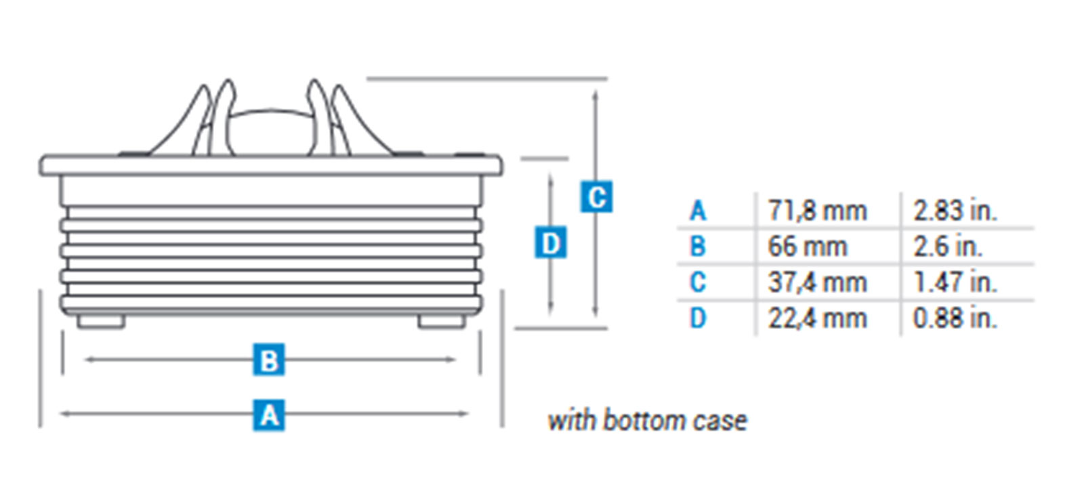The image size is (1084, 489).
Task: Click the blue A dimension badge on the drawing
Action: point(268,415)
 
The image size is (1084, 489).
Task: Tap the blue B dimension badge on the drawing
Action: point(268,360)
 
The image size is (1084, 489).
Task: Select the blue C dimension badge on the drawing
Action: point(596,196)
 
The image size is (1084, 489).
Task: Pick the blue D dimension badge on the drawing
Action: point(551,242)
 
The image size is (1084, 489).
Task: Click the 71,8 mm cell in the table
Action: point(817,211)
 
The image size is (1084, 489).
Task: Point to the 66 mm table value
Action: point(807,247)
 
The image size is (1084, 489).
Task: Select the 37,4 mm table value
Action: point(817,282)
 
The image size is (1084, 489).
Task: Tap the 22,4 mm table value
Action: point(817,318)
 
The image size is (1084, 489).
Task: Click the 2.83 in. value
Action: point(955,211)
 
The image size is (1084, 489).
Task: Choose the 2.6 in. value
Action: point(947,247)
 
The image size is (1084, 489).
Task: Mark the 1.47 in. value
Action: point(955,282)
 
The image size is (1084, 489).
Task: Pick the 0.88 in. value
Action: point(955,318)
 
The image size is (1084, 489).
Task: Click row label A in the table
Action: point(698,211)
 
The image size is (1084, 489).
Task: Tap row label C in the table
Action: point(698,282)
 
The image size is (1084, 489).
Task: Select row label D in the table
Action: point(698,318)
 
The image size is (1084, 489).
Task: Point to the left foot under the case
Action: point(101,321)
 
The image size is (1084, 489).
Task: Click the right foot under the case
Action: point(442,321)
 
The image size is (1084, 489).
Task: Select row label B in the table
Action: point(698,247)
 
